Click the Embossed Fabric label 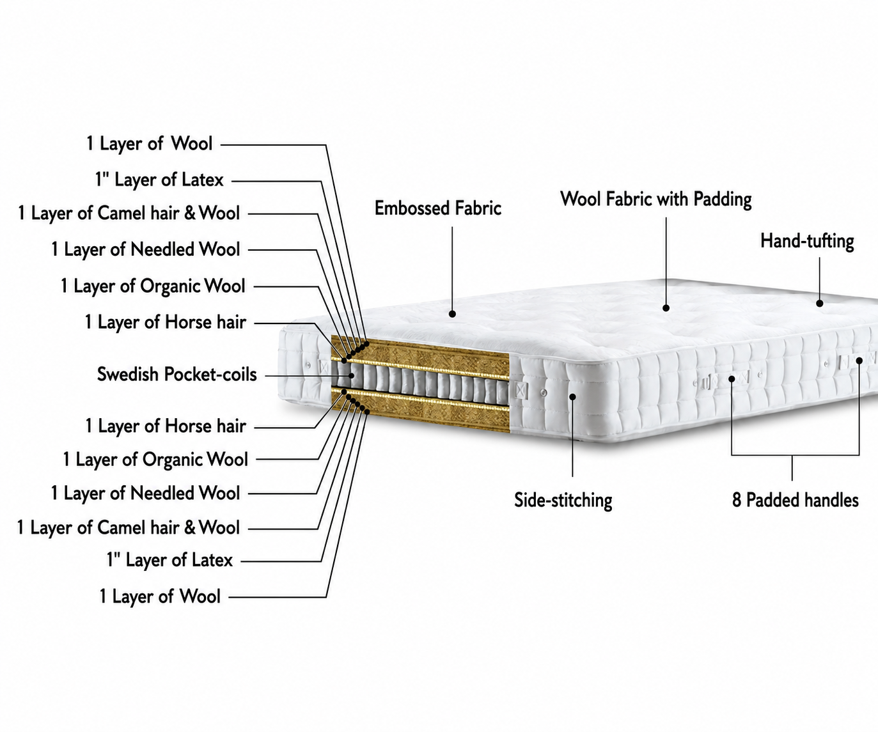(x=438, y=208)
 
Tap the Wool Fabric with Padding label (x=656, y=199)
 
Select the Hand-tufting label (x=807, y=242)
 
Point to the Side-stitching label (x=563, y=501)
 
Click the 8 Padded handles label (x=795, y=501)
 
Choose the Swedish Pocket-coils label (x=176, y=374)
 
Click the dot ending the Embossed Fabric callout (x=452, y=314)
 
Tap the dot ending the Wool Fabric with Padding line (x=666, y=308)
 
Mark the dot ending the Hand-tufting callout (x=819, y=303)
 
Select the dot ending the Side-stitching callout (x=572, y=396)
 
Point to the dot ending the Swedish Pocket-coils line (x=351, y=375)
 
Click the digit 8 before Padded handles (x=736, y=501)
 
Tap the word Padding (x=723, y=199)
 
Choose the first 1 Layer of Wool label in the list (x=149, y=144)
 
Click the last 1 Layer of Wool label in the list (x=160, y=596)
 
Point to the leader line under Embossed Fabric (x=452, y=269)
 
